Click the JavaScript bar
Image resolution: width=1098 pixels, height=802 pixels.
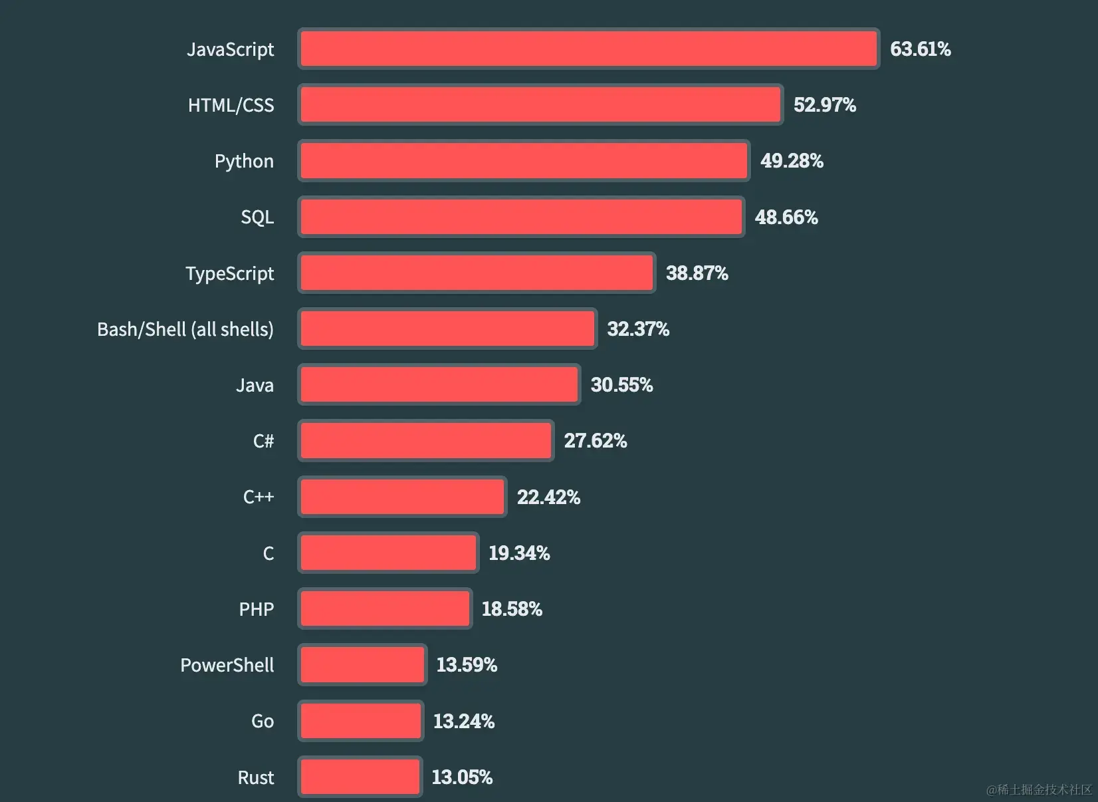pyautogui.click(x=588, y=49)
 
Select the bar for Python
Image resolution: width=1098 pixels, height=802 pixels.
pyautogui.click(x=524, y=161)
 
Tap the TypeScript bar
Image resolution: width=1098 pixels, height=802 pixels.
pyautogui.click(x=477, y=273)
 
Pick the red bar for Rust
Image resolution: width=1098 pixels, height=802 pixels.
pyautogui.click(x=360, y=777)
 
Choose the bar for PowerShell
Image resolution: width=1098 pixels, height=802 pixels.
pyautogui.click(x=362, y=664)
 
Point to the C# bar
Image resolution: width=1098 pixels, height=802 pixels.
pyautogui.click(x=425, y=440)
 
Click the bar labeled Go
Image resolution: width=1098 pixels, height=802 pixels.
pyautogui.click(x=361, y=721)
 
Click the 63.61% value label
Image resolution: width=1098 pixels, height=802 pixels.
pyautogui.click(x=920, y=49)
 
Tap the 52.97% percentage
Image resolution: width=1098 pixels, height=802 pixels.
pyautogui.click(x=824, y=105)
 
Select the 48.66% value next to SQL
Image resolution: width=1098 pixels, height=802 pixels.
pyautogui.click(x=786, y=217)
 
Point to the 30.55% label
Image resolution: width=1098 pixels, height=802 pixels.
pyautogui.click(x=621, y=384)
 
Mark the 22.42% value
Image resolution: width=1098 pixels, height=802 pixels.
pyautogui.click(x=548, y=497)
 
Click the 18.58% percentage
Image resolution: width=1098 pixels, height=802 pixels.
pyautogui.click(x=512, y=608)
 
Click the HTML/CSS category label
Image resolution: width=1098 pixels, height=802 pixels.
pyautogui.click(x=231, y=105)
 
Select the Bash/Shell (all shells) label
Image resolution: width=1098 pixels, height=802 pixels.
pyautogui.click(x=185, y=329)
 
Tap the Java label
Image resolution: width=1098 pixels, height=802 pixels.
pyautogui.click(x=255, y=385)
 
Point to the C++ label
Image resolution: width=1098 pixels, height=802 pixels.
pyautogui.click(x=259, y=497)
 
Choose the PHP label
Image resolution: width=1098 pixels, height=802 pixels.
pyautogui.click(x=257, y=609)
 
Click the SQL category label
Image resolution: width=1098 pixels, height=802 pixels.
pyautogui.click(x=257, y=217)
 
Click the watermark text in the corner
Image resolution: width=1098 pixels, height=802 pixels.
pyautogui.click(x=1039, y=789)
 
